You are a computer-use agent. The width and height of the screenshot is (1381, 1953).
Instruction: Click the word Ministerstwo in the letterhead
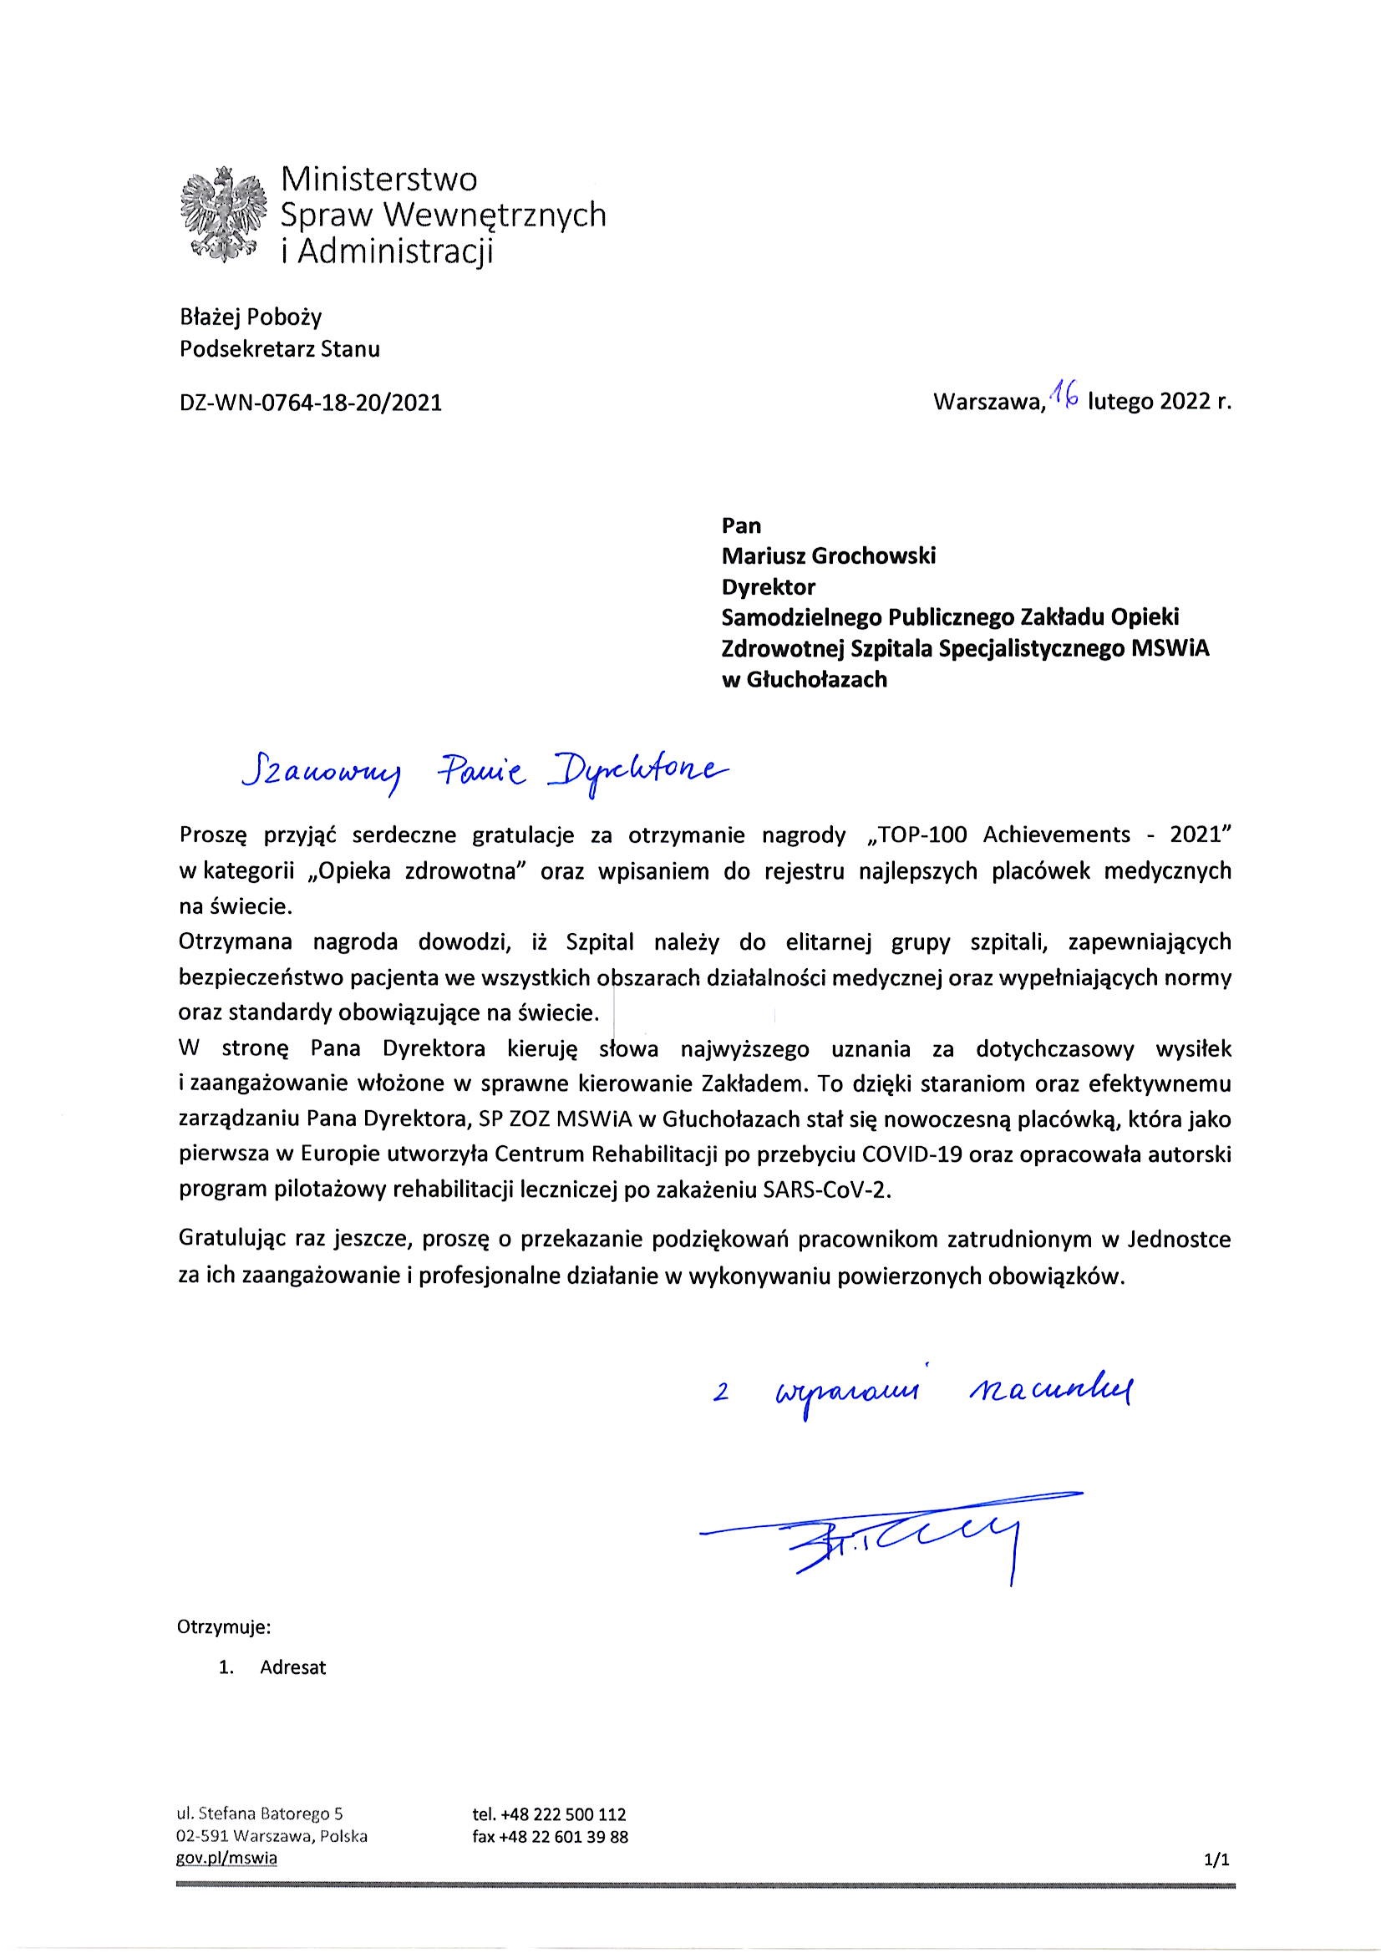(x=378, y=180)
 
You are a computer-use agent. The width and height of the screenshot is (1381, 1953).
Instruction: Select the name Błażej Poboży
(x=251, y=317)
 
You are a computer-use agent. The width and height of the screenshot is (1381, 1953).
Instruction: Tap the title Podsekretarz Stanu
(x=280, y=349)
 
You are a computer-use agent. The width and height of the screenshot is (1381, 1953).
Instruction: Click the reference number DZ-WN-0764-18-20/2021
(x=312, y=403)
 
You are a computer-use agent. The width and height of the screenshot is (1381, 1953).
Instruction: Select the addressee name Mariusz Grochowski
(x=828, y=556)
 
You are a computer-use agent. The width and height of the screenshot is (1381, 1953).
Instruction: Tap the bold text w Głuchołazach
(x=803, y=679)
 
